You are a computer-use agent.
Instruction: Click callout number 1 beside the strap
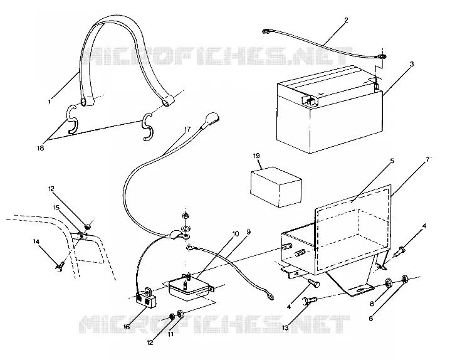click(x=50, y=102)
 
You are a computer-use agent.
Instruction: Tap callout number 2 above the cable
click(x=346, y=20)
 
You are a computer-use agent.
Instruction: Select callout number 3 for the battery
click(x=412, y=64)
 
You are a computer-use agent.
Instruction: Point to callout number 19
click(x=256, y=156)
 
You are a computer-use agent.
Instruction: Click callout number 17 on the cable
click(x=187, y=129)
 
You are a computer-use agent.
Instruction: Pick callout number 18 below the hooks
click(x=40, y=148)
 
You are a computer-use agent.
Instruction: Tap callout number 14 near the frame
click(x=36, y=242)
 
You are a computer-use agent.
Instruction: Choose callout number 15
click(x=56, y=207)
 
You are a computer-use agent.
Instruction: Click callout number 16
click(x=127, y=327)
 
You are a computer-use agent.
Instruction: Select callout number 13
click(x=286, y=328)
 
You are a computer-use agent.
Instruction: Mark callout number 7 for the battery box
click(x=427, y=160)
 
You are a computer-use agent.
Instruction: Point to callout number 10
click(x=235, y=234)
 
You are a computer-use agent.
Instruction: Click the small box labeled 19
click(x=276, y=187)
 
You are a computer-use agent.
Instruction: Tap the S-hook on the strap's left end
click(x=73, y=120)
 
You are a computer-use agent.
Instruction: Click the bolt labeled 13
click(x=310, y=301)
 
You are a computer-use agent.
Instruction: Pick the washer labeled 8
click(x=389, y=281)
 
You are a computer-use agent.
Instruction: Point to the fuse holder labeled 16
click(x=146, y=297)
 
